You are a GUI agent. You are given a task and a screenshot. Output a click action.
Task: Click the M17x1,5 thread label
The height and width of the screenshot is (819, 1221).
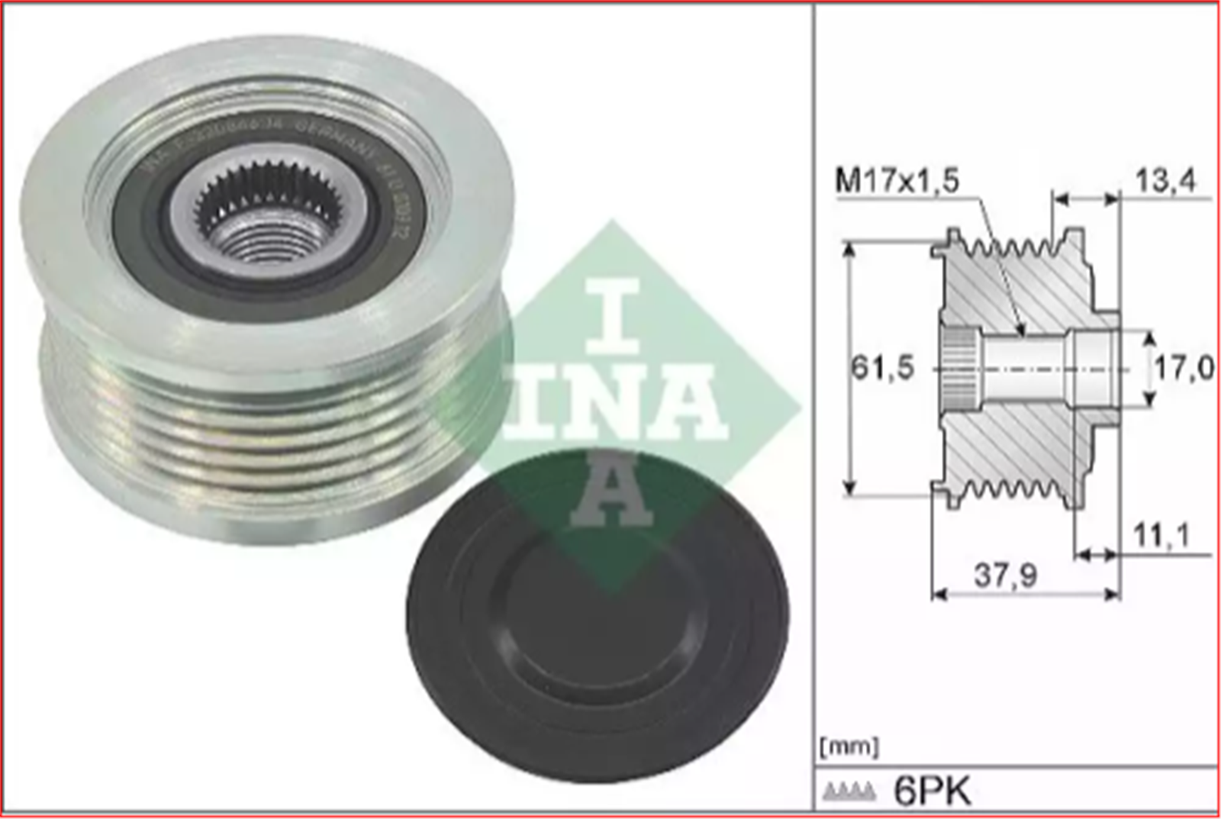897,181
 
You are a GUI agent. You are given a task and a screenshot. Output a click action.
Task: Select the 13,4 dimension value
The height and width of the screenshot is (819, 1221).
1165,181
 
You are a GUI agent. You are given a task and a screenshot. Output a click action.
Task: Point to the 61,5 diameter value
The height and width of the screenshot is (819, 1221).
882,369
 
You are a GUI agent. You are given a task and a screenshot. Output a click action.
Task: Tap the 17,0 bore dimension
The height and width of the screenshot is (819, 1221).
1183,369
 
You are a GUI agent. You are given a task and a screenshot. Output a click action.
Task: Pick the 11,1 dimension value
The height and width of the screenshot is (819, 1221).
1161,536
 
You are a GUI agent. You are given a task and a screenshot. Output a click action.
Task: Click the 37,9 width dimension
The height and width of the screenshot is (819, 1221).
1005,576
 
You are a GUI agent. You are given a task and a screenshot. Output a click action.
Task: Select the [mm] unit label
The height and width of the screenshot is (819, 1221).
849,746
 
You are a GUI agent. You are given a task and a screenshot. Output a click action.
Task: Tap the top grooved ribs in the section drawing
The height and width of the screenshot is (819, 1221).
1007,246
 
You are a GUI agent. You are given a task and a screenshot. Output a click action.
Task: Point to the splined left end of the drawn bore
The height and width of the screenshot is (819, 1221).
957,369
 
